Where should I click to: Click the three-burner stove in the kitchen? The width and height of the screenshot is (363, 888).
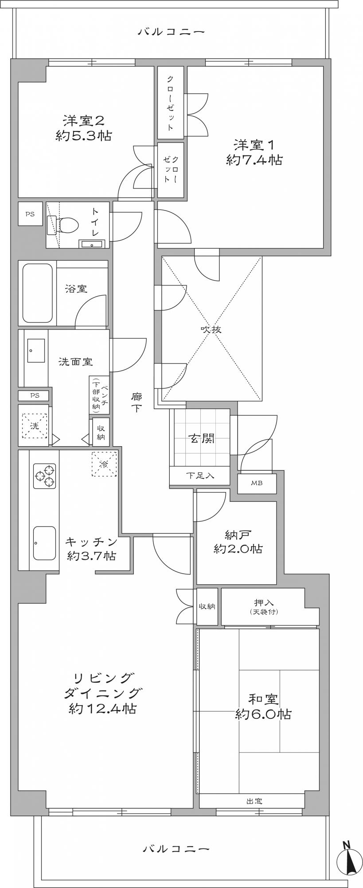tap(45, 476)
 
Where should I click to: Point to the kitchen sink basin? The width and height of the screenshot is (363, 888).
tap(44, 543)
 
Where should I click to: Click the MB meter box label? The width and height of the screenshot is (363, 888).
tap(257, 483)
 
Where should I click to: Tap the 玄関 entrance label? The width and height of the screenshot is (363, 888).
tap(202, 439)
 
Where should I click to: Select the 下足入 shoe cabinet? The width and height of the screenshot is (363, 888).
tap(199, 476)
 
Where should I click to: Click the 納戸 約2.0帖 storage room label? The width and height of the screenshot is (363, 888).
tap(238, 542)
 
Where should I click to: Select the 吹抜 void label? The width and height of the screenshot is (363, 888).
tap(211, 330)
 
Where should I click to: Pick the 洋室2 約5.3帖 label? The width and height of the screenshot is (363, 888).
tap(83, 128)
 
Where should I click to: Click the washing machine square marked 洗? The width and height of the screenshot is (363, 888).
tap(35, 425)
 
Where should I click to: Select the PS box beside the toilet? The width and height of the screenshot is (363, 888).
tap(30, 214)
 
